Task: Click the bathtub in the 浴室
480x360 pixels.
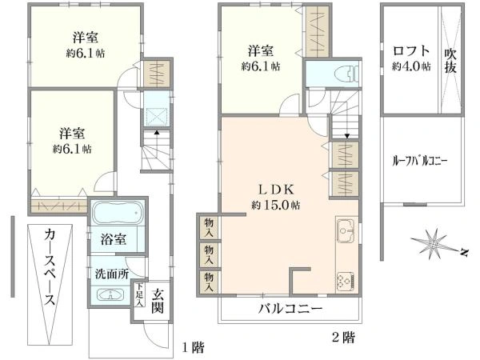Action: click(116, 215)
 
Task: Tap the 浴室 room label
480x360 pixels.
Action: click(113, 239)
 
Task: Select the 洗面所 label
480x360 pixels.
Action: click(112, 273)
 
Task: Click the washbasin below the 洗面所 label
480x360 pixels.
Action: click(110, 294)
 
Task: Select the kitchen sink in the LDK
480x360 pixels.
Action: click(347, 231)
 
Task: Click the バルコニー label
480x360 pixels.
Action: click(290, 308)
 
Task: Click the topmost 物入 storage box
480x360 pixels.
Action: click(209, 226)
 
